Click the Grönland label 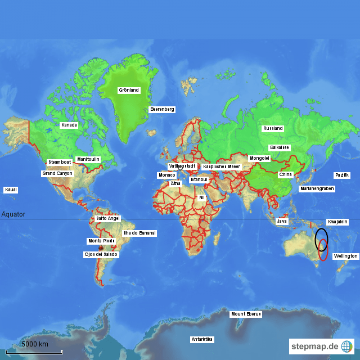tap(129, 90)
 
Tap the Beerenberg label tap(162, 109)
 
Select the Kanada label tap(69, 125)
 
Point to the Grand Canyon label tap(57, 174)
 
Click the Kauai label tap(11, 190)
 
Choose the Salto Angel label tap(108, 218)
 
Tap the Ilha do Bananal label tap(139, 233)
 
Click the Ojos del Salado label tap(101, 255)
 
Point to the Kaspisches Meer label tap(222, 167)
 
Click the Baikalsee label tap(280, 147)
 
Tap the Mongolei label tap(260, 158)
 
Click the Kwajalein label tap(337, 222)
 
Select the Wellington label tap(345, 256)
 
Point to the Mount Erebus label tap(246, 314)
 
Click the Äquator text tap(12, 214)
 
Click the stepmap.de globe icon tap(347, 346)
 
